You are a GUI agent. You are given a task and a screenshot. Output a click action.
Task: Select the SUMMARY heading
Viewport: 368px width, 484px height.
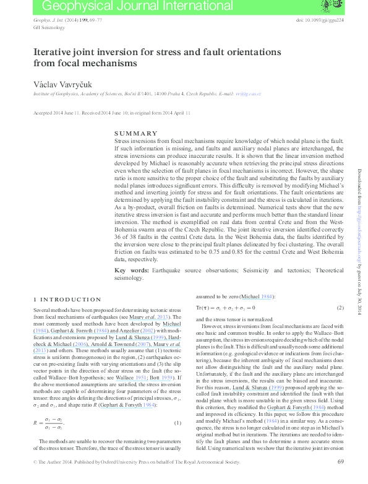[136, 134]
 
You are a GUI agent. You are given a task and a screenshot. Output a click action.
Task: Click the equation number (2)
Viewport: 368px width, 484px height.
[340, 308]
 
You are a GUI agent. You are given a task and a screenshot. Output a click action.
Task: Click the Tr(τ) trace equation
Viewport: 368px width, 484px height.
[225, 308]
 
